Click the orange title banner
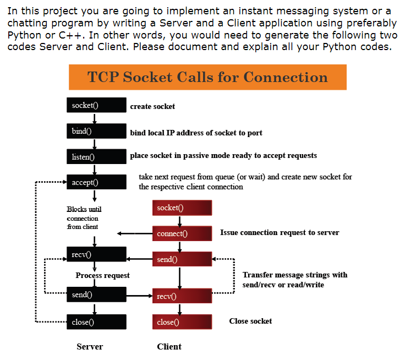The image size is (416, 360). click(x=207, y=77)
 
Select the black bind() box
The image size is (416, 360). click(x=96, y=131)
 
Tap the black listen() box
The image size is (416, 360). click(x=96, y=157)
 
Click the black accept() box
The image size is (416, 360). click(x=96, y=182)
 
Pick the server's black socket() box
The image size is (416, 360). click(x=96, y=105)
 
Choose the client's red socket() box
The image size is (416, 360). click(x=182, y=208)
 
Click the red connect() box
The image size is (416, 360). click(x=182, y=233)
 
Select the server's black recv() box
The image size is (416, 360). click(x=96, y=254)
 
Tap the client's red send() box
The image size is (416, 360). click(x=182, y=259)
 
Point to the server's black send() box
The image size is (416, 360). click(x=96, y=294)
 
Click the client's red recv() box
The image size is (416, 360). click(x=182, y=296)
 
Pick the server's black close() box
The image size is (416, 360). click(x=96, y=322)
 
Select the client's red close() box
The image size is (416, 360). click(x=182, y=322)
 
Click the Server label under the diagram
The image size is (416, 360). click(x=90, y=346)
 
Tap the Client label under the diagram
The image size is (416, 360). click(x=169, y=346)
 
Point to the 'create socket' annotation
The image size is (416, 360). click(x=152, y=106)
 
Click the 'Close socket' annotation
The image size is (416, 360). click(x=250, y=321)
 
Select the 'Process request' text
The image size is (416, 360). click(x=103, y=275)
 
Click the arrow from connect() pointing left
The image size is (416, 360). click(x=135, y=233)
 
